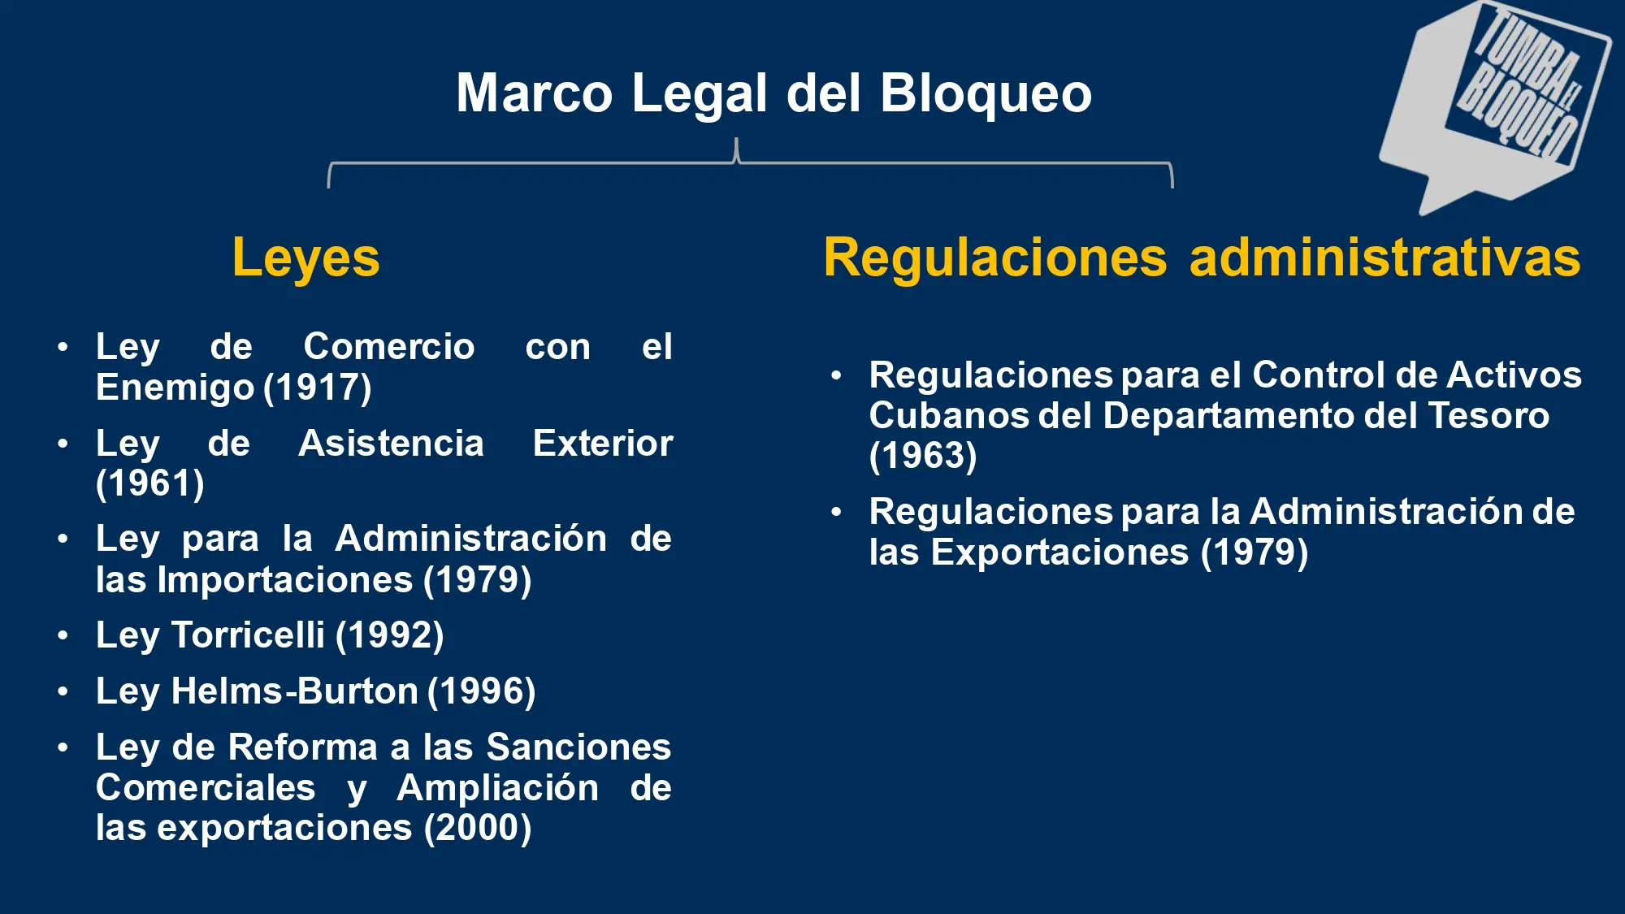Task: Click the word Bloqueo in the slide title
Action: (x=986, y=93)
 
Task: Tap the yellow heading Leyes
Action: (x=305, y=258)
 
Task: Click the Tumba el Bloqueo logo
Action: (x=1495, y=106)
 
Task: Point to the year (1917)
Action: (x=318, y=388)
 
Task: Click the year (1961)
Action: (x=150, y=483)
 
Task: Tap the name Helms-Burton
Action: (x=294, y=691)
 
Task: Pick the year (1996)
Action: (x=482, y=691)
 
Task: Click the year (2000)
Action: (x=478, y=828)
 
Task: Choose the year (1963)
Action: (x=923, y=456)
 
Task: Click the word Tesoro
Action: (x=1488, y=415)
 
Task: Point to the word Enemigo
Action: (x=175, y=388)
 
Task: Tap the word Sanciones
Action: (x=578, y=747)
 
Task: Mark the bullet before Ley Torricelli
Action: (x=63, y=635)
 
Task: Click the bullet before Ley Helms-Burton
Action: (x=63, y=691)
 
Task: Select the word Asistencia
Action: (x=391, y=444)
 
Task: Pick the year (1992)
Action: (x=390, y=635)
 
